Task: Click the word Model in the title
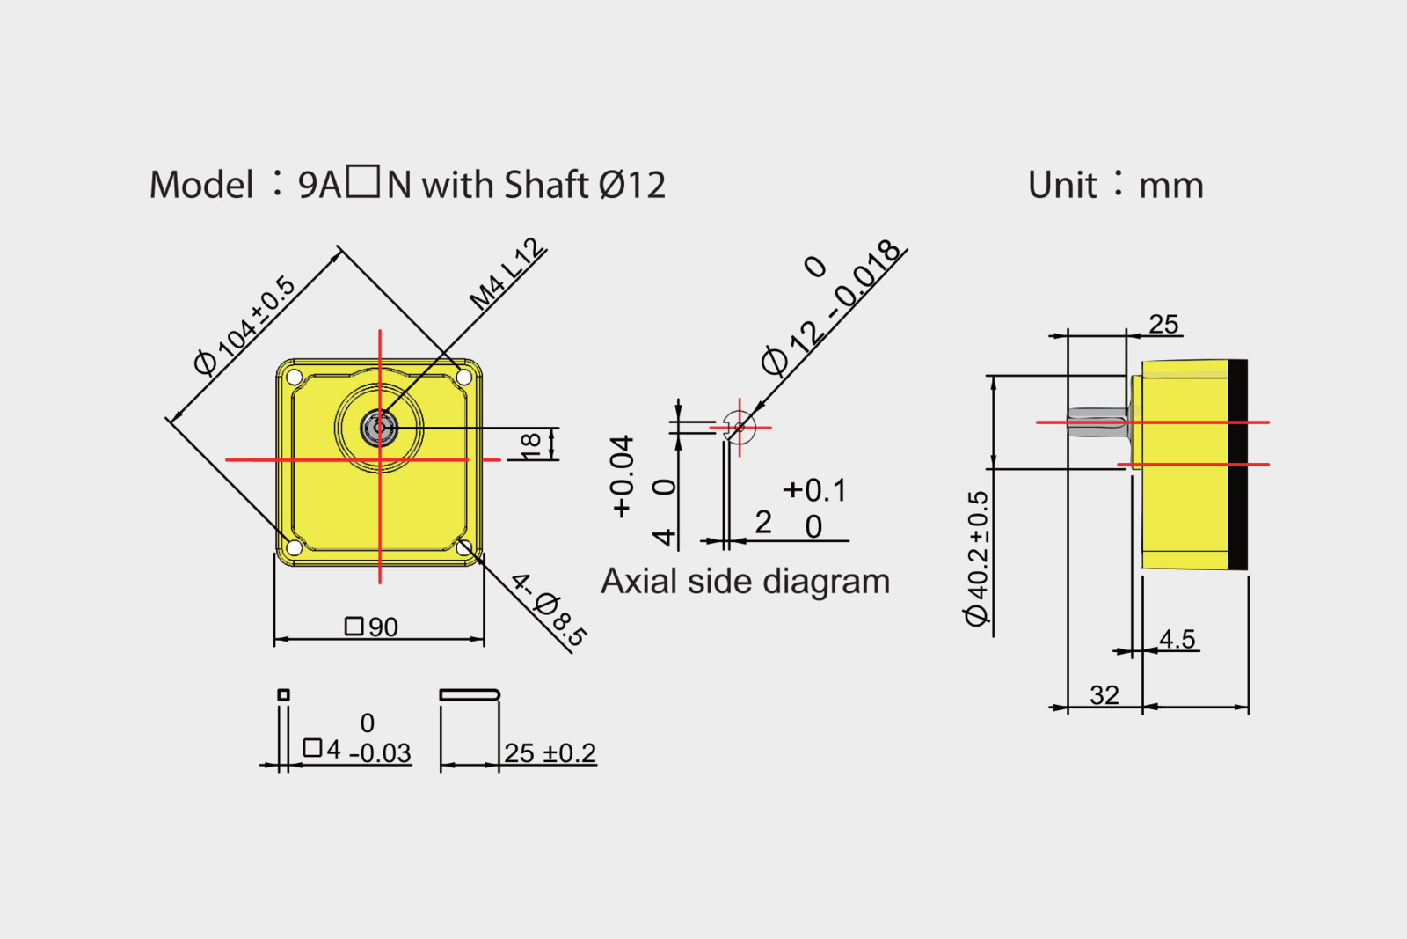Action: [x=201, y=185]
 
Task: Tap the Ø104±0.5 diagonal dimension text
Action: [x=244, y=325]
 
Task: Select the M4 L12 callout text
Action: [x=507, y=274]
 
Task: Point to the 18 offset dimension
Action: [x=531, y=444]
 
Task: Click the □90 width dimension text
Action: [x=371, y=627]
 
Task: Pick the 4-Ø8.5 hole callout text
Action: [x=549, y=610]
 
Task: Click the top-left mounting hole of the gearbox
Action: [x=295, y=378]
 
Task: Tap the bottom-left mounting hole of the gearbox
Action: [x=294, y=547]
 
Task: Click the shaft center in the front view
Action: [x=379, y=428]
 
